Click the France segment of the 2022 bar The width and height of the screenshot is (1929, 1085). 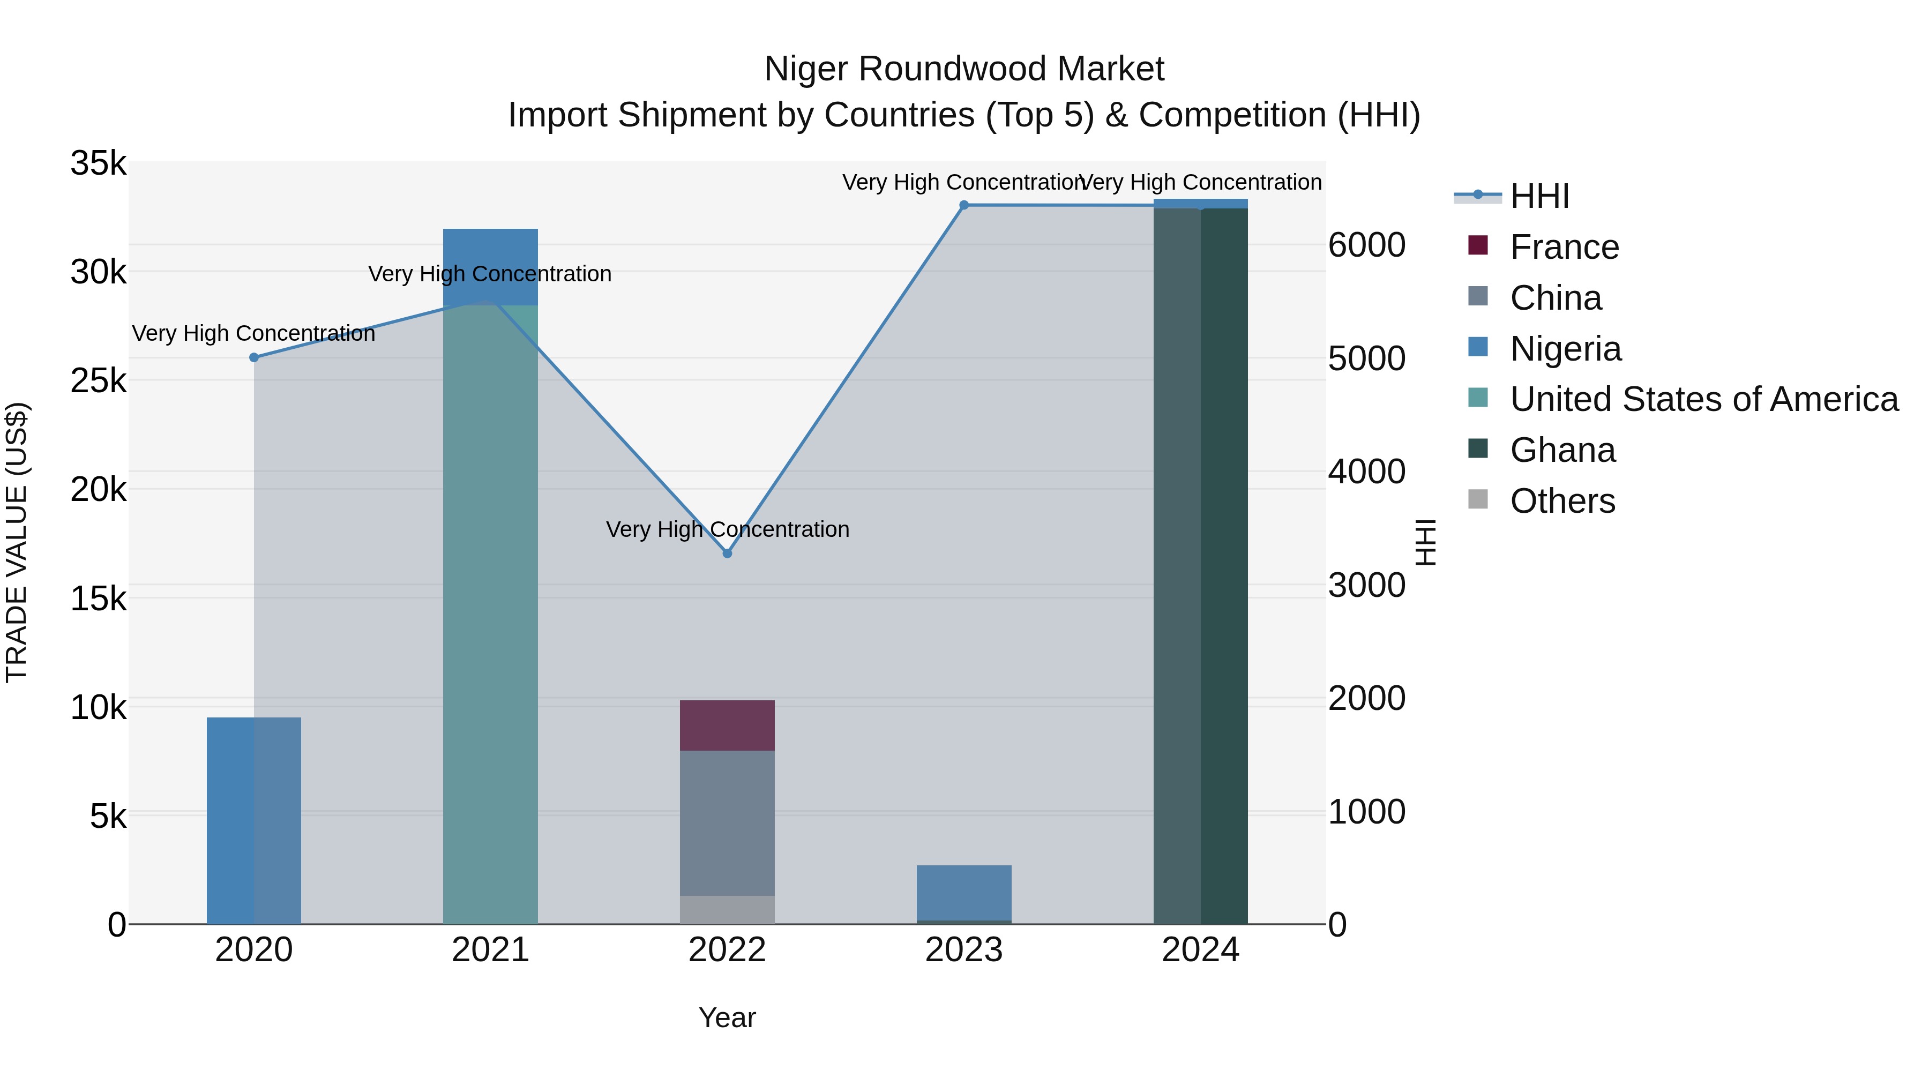click(x=727, y=725)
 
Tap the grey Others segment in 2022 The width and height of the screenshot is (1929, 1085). click(x=727, y=909)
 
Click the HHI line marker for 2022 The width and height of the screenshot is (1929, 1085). click(x=727, y=553)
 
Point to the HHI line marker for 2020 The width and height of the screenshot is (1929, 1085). click(x=254, y=357)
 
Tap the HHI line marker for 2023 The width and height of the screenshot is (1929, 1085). click(x=964, y=205)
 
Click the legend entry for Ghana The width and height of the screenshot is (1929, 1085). click(x=1562, y=450)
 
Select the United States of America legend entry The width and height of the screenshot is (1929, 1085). click(x=1703, y=399)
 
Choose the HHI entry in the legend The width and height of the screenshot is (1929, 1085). click(x=1539, y=196)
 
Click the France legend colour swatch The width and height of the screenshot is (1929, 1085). click(x=1477, y=245)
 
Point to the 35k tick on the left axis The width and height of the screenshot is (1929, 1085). click(x=98, y=163)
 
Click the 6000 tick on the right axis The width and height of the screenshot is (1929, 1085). click(x=1366, y=245)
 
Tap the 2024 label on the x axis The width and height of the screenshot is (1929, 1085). click(x=1200, y=950)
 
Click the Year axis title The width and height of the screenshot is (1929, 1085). click(x=727, y=1017)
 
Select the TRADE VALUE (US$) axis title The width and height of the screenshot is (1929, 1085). click(x=17, y=542)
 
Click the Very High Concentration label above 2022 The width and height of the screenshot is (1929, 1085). click(x=727, y=529)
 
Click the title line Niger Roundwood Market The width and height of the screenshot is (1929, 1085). click(x=964, y=69)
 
